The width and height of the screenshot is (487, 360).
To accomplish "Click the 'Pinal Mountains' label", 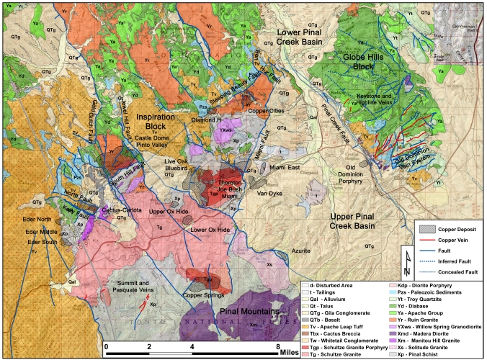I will (x=254, y=310).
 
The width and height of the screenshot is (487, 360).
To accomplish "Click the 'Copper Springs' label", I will (x=200, y=294).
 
